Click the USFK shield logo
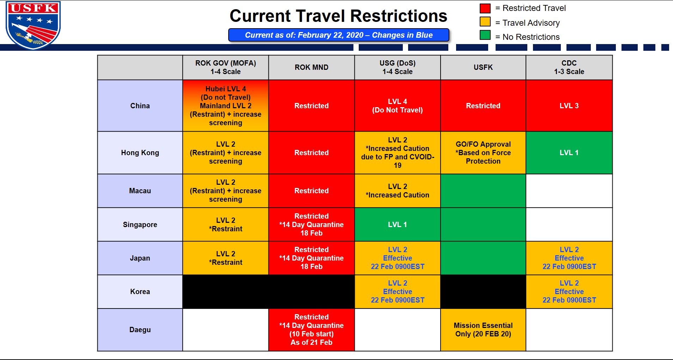pyautogui.click(x=33, y=25)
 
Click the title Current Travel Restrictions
pyautogui.click(x=338, y=16)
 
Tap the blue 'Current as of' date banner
pyautogui.click(x=339, y=35)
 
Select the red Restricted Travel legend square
pyautogui.click(x=485, y=8)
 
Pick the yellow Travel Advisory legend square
pyautogui.click(x=485, y=22)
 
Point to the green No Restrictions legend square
pyautogui.click(x=485, y=35)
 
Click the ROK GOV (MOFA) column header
pyautogui.click(x=226, y=67)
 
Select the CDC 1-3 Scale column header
pyautogui.click(x=569, y=67)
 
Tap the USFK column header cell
pyautogui.click(x=483, y=67)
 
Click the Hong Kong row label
pyautogui.click(x=140, y=153)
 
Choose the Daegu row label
pyautogui.click(x=140, y=330)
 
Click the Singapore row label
pyautogui.click(x=140, y=225)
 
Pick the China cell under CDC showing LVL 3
pyautogui.click(x=569, y=106)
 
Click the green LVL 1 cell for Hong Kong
pyautogui.click(x=569, y=153)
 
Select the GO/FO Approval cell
pyautogui.click(x=483, y=153)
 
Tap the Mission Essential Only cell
pyautogui.click(x=483, y=330)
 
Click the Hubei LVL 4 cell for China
pyautogui.click(x=226, y=106)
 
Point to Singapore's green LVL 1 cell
pyautogui.click(x=398, y=225)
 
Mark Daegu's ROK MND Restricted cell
pyautogui.click(x=311, y=330)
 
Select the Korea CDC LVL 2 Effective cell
pyautogui.click(x=569, y=292)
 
